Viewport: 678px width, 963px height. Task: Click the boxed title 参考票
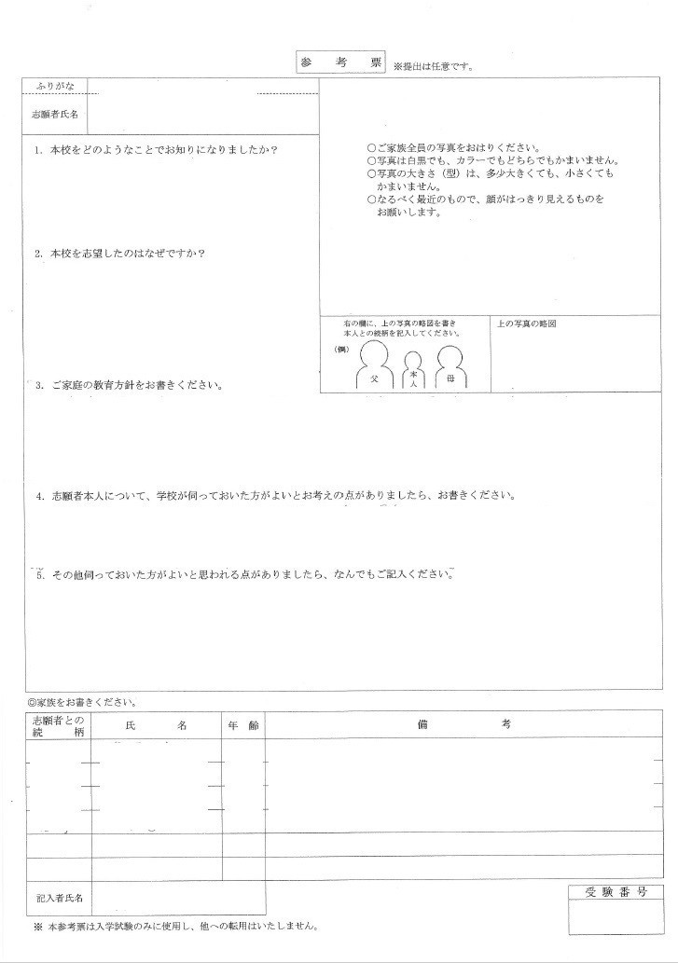pos(340,62)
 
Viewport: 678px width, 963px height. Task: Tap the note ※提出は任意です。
pos(434,66)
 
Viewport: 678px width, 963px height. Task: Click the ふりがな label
pos(55,86)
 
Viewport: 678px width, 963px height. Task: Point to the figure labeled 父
pos(374,366)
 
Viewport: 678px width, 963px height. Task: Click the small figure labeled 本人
pos(413,372)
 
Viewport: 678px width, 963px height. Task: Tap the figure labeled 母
pos(450,366)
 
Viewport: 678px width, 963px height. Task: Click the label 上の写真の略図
pos(527,324)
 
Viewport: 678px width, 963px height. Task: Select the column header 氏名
pos(156,724)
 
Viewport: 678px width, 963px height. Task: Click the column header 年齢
pos(242,724)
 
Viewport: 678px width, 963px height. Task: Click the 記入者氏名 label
pos(60,898)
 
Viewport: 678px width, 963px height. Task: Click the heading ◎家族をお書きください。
pos(82,701)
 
